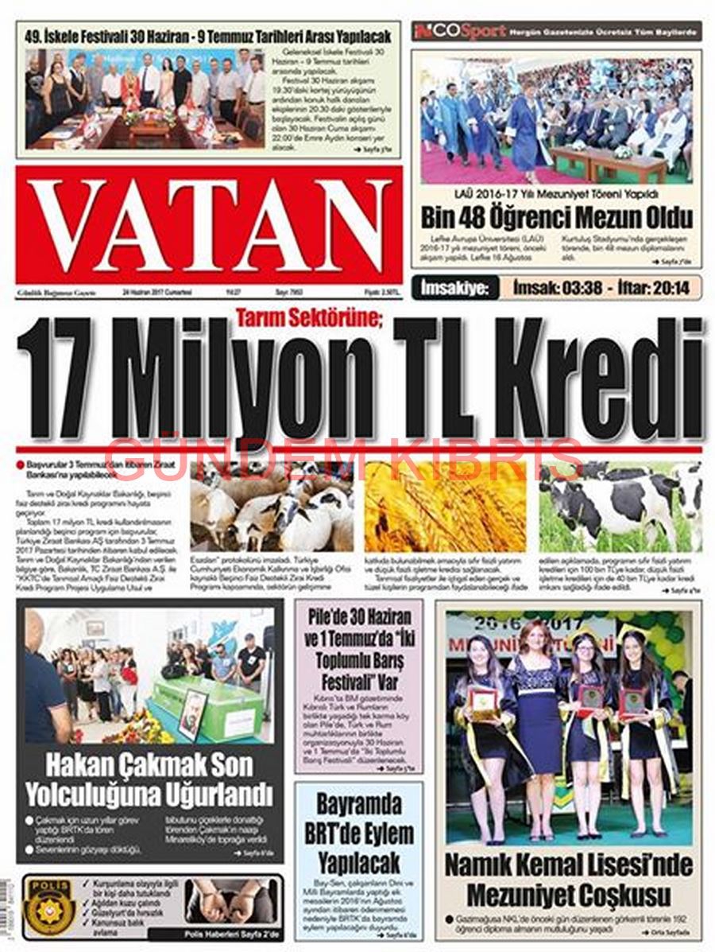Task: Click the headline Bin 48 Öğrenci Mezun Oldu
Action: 557,216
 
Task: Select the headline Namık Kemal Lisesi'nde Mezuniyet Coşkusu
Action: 568,879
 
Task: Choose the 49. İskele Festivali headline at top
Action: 208,36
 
